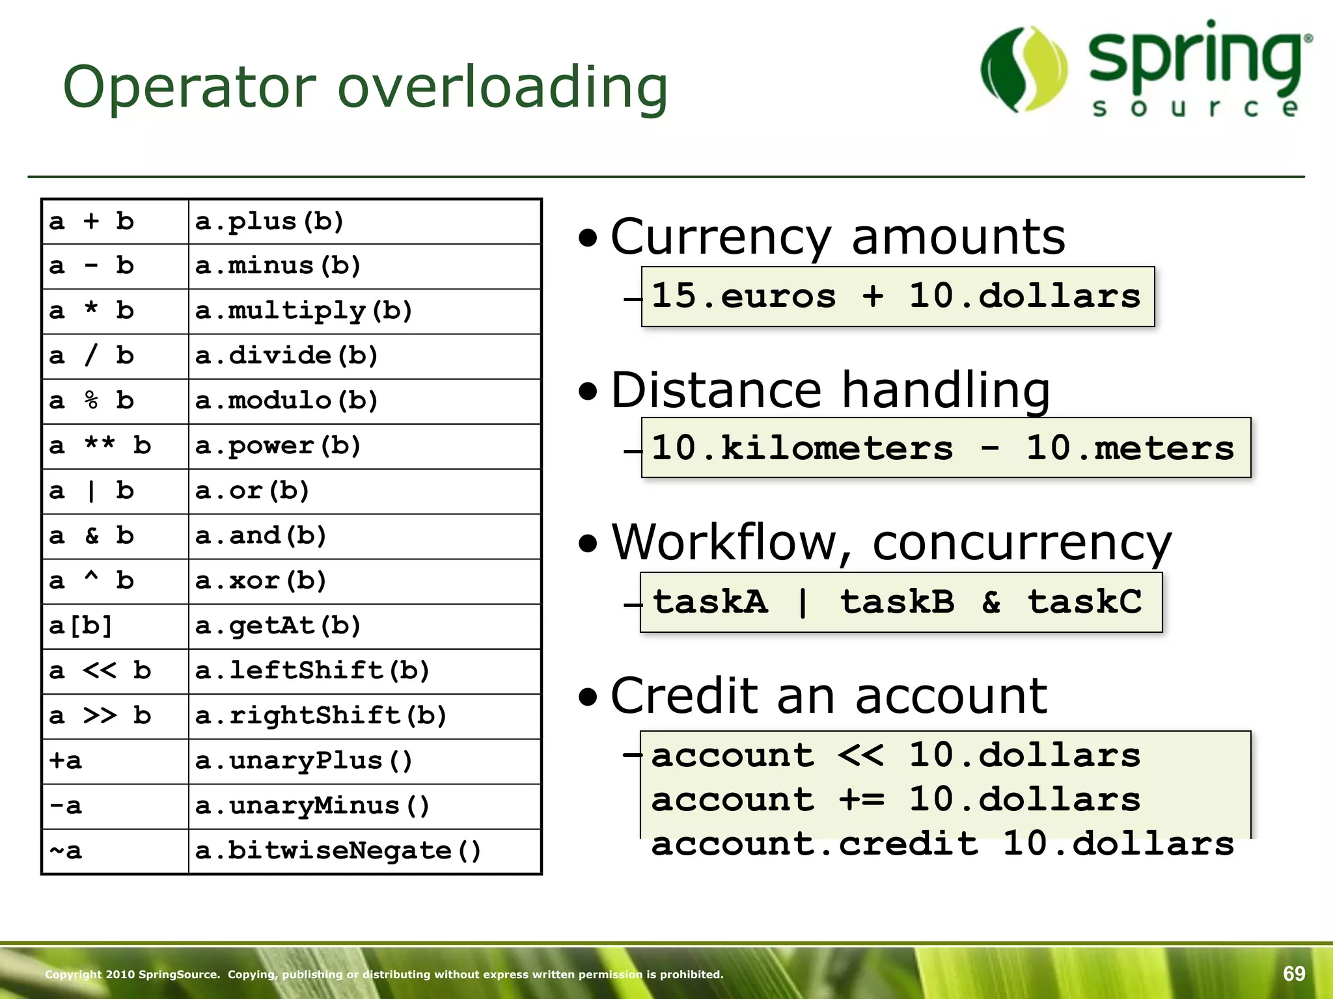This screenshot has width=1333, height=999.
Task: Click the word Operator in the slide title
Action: point(189,88)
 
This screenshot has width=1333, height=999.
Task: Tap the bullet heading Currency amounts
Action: point(838,237)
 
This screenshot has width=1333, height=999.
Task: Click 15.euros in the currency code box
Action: point(743,297)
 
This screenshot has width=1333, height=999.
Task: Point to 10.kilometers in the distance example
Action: point(802,448)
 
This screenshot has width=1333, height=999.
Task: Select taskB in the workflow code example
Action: point(897,602)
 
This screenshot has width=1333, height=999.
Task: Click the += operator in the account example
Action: point(861,799)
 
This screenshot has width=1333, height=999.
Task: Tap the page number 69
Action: point(1294,974)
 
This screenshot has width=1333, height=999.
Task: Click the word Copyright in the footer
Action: point(73,974)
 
